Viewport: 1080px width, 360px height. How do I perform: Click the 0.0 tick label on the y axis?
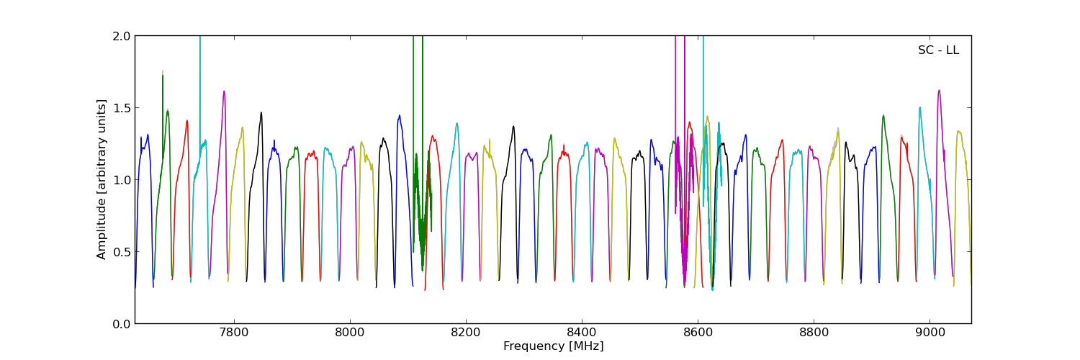click(122, 324)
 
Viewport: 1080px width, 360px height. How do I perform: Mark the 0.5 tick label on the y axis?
click(122, 252)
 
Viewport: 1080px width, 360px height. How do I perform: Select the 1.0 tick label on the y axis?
click(122, 180)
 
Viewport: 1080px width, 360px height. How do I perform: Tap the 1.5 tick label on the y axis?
click(122, 108)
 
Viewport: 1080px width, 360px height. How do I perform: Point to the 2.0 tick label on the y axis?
click(122, 36)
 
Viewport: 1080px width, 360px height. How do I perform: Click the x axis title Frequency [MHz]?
click(553, 346)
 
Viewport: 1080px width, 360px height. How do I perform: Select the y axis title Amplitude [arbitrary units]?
click(102, 179)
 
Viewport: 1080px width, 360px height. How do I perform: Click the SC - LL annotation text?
click(938, 50)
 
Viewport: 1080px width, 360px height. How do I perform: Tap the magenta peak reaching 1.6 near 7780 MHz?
click(224, 91)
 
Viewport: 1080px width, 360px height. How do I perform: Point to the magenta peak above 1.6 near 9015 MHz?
click(939, 90)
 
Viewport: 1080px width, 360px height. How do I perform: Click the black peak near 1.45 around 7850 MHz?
click(261, 112)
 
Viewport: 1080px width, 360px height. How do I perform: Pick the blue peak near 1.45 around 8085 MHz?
click(399, 115)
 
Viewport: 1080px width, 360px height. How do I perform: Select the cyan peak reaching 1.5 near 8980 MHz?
click(919, 107)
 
